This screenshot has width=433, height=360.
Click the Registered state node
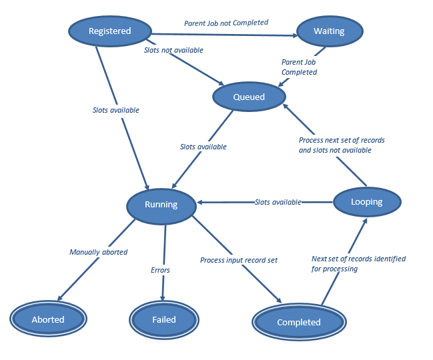point(110,31)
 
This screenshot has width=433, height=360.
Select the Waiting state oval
point(329,31)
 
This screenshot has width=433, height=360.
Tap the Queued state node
point(249,97)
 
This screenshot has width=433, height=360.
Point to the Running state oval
point(161,205)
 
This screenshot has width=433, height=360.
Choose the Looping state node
point(366,202)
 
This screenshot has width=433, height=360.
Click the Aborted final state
point(48,319)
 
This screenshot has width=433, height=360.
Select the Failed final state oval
point(163,319)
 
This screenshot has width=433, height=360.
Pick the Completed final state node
point(298,322)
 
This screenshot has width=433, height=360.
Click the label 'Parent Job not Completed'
point(226,23)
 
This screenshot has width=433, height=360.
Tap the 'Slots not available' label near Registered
point(173,50)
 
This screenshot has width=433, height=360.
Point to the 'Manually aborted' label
point(98,252)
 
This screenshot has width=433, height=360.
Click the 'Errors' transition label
point(160,270)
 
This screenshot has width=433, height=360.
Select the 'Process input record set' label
point(239,259)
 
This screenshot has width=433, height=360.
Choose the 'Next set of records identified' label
point(358,259)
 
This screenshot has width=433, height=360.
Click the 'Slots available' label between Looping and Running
point(278,202)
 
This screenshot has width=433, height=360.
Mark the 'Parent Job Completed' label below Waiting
point(299,67)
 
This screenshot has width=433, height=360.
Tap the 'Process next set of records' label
point(342,141)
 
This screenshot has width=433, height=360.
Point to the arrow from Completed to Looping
point(344,263)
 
